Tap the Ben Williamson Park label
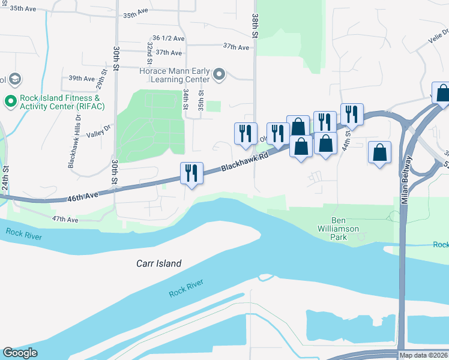pyautogui.click(x=339, y=229)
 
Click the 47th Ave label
pyautogui.click(x=65, y=220)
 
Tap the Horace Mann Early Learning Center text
pyautogui.click(x=174, y=75)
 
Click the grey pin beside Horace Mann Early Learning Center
pyautogui.click(x=219, y=75)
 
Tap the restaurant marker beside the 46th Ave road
pyautogui.click(x=192, y=173)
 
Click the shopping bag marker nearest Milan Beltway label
pyautogui.click(x=380, y=152)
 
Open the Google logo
pyautogui.click(x=20, y=353)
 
